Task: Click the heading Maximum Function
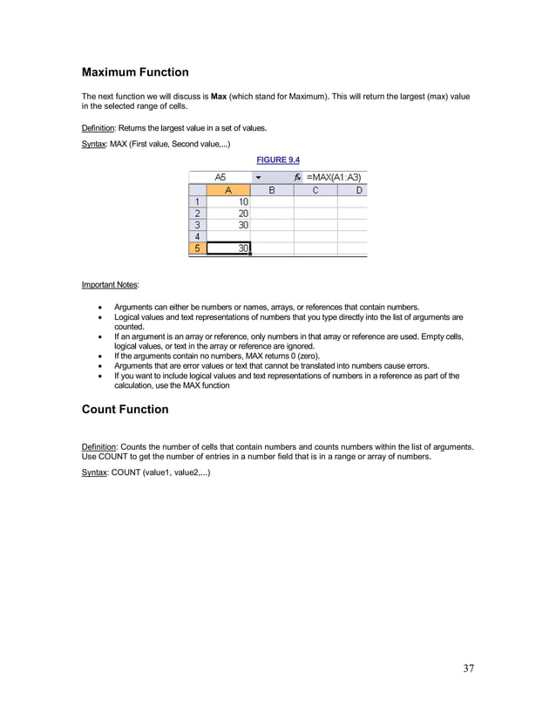click(135, 71)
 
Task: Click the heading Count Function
click(125, 409)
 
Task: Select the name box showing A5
click(220, 177)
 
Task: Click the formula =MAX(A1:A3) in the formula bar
click(335, 177)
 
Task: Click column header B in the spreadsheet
click(272, 189)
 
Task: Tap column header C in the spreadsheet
click(315, 189)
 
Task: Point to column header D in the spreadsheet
click(356, 189)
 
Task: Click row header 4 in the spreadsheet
click(198, 236)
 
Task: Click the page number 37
click(468, 669)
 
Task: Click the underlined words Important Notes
click(104, 284)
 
